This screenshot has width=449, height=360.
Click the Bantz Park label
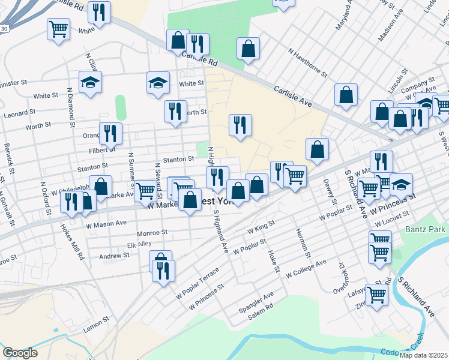tap(426, 230)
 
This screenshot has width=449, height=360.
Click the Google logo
tap(20, 353)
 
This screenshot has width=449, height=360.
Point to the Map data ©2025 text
tap(424, 355)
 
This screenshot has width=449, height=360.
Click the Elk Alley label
tap(139, 245)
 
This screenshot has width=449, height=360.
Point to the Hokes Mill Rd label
tap(71, 242)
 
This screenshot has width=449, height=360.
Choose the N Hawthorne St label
tap(307, 63)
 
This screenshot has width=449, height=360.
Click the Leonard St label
tap(16, 113)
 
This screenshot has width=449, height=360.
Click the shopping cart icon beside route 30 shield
tap(59, 28)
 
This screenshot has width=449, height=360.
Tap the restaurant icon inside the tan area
tap(240, 125)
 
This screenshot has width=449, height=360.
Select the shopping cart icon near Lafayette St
tap(376, 295)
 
